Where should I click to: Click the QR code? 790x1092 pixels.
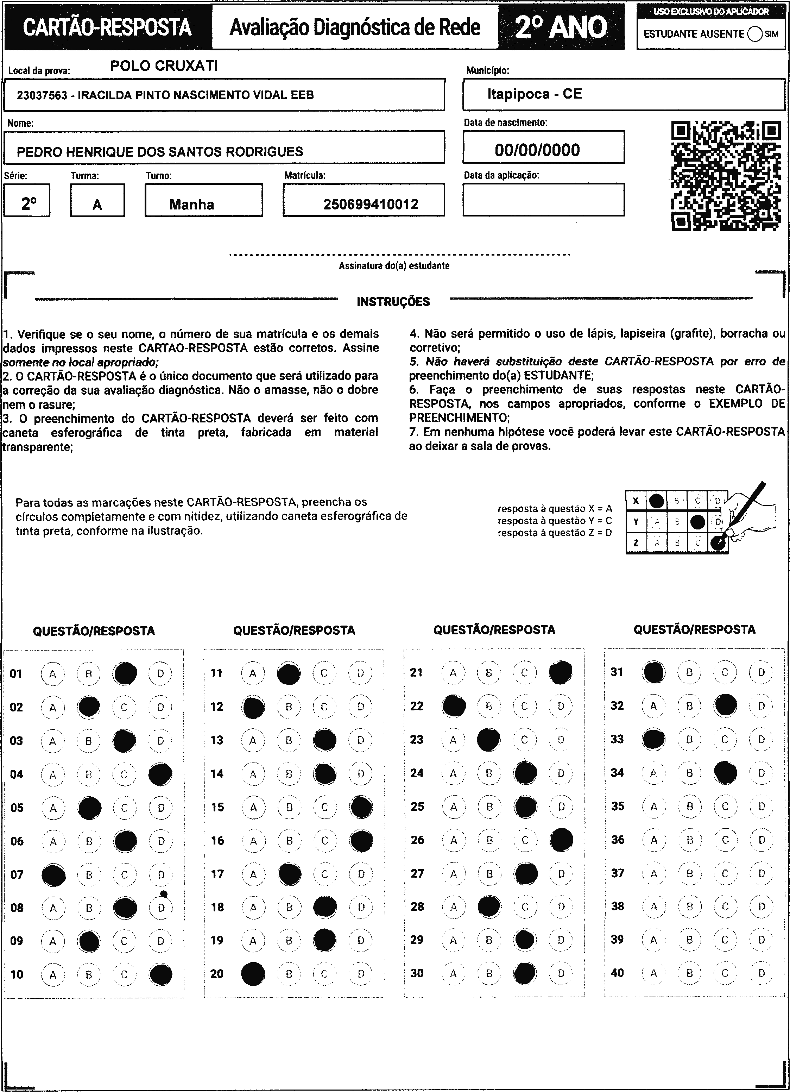pyautogui.click(x=726, y=176)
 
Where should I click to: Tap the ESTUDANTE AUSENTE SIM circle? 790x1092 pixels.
pyautogui.click(x=755, y=34)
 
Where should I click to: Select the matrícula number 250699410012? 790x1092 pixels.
pyautogui.click(x=371, y=204)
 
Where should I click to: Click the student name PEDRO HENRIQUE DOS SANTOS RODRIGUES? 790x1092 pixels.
pyautogui.click(x=160, y=152)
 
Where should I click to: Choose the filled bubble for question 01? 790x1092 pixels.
pyautogui.click(x=125, y=673)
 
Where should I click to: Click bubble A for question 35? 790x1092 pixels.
pyautogui.click(x=653, y=807)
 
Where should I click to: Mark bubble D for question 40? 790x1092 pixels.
pyautogui.click(x=761, y=973)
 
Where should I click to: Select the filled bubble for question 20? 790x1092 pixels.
pyautogui.click(x=253, y=974)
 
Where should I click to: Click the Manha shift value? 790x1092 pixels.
pyautogui.click(x=191, y=205)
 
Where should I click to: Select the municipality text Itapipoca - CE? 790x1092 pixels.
pyautogui.click(x=535, y=94)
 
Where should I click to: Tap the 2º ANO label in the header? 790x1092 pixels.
pyautogui.click(x=561, y=27)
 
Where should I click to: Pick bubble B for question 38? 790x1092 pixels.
pyautogui.click(x=689, y=906)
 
